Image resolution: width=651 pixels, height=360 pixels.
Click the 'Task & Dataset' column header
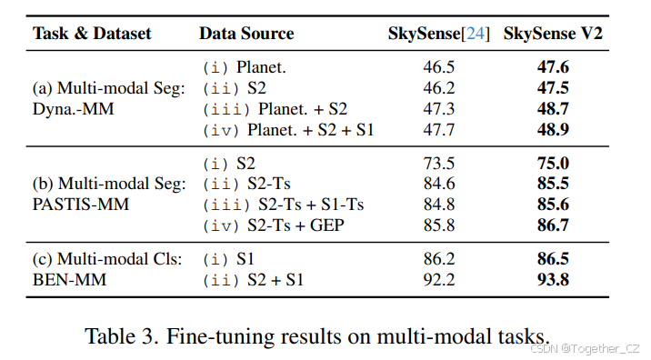click(91, 34)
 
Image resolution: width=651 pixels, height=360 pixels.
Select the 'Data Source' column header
click(246, 34)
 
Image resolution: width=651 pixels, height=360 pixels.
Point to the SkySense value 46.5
click(440, 67)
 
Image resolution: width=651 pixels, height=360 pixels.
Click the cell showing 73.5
click(440, 164)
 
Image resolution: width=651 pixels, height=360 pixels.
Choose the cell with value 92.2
click(440, 280)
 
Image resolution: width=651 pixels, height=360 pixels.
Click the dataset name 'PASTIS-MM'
click(81, 205)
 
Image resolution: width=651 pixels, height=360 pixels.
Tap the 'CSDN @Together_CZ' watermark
click(586, 349)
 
